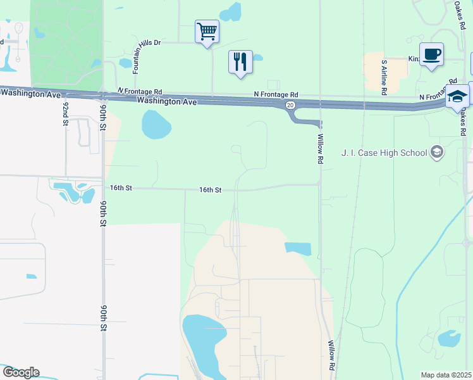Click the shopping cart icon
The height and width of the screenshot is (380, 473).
coord(207,31)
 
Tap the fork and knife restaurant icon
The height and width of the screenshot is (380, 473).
coord(240,61)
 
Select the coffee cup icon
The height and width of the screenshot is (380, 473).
coord(431,54)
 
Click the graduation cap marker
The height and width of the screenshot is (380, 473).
coord(457,97)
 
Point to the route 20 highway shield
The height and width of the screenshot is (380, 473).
coord(290,104)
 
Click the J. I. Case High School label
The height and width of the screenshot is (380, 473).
coord(384,153)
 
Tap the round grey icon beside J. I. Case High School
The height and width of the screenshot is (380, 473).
coord(436,152)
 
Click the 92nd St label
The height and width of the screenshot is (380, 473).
coord(65,112)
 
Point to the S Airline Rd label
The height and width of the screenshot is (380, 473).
coord(384,77)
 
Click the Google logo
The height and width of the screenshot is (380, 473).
coord(20,372)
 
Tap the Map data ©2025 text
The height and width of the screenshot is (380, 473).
coord(445,375)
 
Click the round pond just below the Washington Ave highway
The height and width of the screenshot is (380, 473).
coord(156,125)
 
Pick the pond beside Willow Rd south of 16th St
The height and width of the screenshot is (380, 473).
coord(298,248)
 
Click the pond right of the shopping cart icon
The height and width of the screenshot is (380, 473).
coord(231,11)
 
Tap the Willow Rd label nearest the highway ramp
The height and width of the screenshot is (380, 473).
coord(320,149)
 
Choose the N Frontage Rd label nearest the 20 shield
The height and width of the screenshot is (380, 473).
coord(276,94)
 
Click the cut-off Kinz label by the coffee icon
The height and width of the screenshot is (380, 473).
coord(414,59)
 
